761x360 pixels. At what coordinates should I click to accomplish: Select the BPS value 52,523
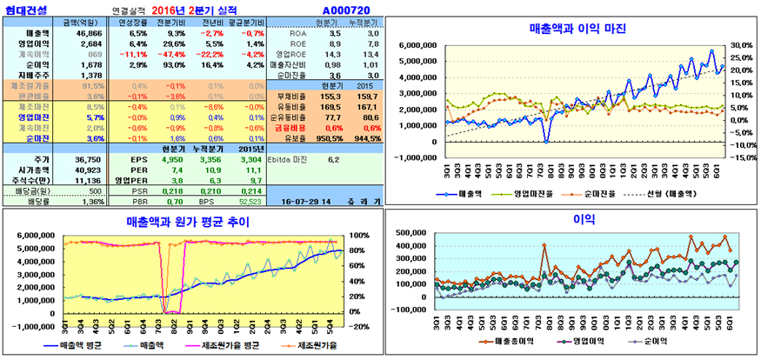click(250, 201)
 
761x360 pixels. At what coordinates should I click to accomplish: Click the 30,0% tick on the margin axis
click(739, 44)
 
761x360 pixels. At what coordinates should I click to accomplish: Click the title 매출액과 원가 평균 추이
click(186, 222)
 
